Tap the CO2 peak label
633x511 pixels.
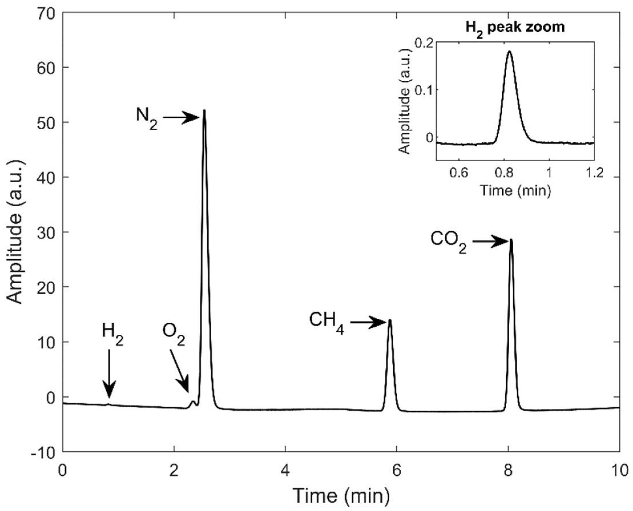pos(448,243)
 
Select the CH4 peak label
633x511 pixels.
pos(326,323)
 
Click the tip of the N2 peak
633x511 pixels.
pos(204,111)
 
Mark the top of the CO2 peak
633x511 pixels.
pos(511,240)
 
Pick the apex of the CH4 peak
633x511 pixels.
pos(390,320)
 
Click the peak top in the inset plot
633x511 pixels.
pos(509,51)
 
